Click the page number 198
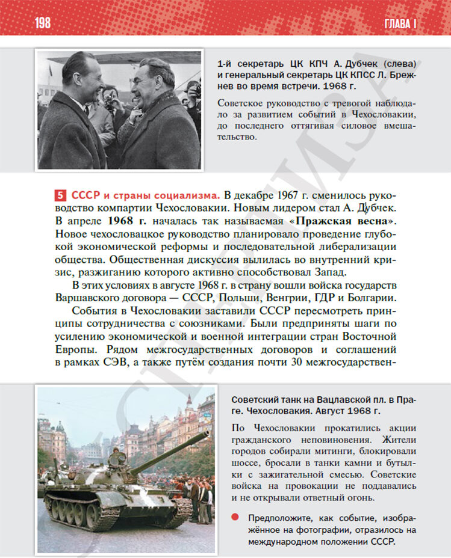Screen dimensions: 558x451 (x=42, y=23)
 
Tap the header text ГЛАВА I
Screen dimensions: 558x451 (x=400, y=24)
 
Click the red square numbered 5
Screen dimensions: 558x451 (x=61, y=195)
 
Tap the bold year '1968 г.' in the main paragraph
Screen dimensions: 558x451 (x=128, y=221)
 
